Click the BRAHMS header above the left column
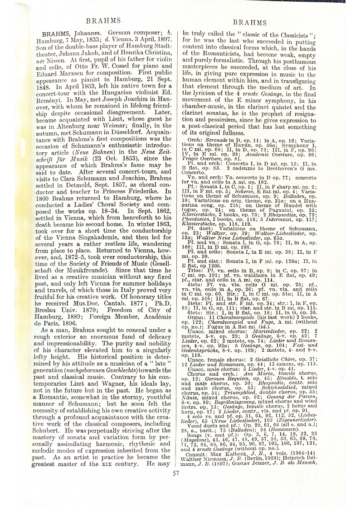103,20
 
